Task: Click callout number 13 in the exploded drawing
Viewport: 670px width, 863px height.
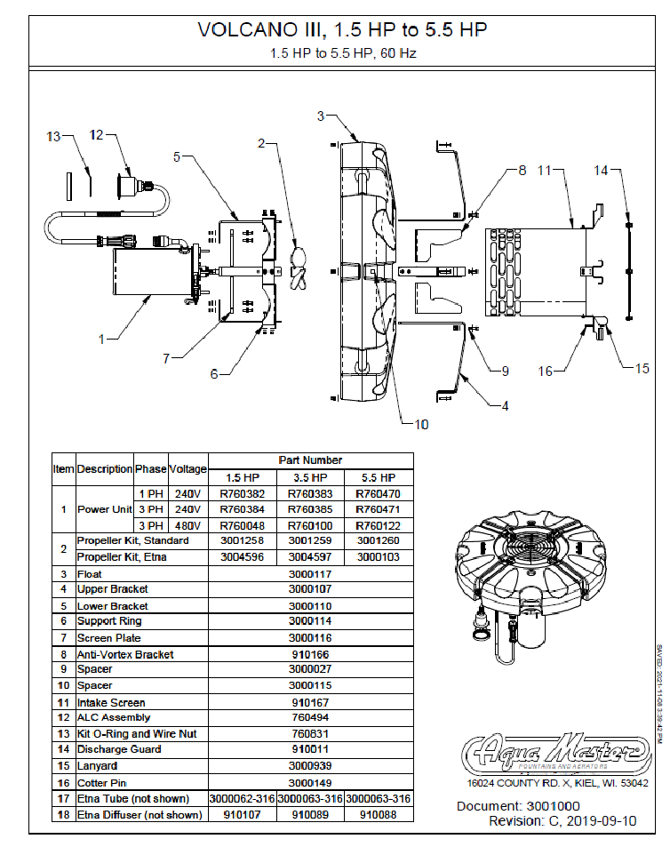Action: pos(53,136)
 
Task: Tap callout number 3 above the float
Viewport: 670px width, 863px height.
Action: pos(322,115)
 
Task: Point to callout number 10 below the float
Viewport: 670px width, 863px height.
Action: pos(421,424)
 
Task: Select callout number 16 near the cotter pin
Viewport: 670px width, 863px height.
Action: pos(545,371)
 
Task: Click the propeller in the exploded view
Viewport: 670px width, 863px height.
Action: pos(300,268)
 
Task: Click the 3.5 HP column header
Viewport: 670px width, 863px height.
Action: pos(310,477)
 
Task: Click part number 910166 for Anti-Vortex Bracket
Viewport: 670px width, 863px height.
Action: pos(310,654)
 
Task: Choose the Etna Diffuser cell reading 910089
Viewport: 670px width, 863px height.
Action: pos(310,813)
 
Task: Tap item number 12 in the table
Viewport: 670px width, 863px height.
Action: pos(64,717)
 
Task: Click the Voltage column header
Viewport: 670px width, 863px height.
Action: pos(187,468)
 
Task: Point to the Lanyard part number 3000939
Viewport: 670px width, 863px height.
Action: pos(310,765)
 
